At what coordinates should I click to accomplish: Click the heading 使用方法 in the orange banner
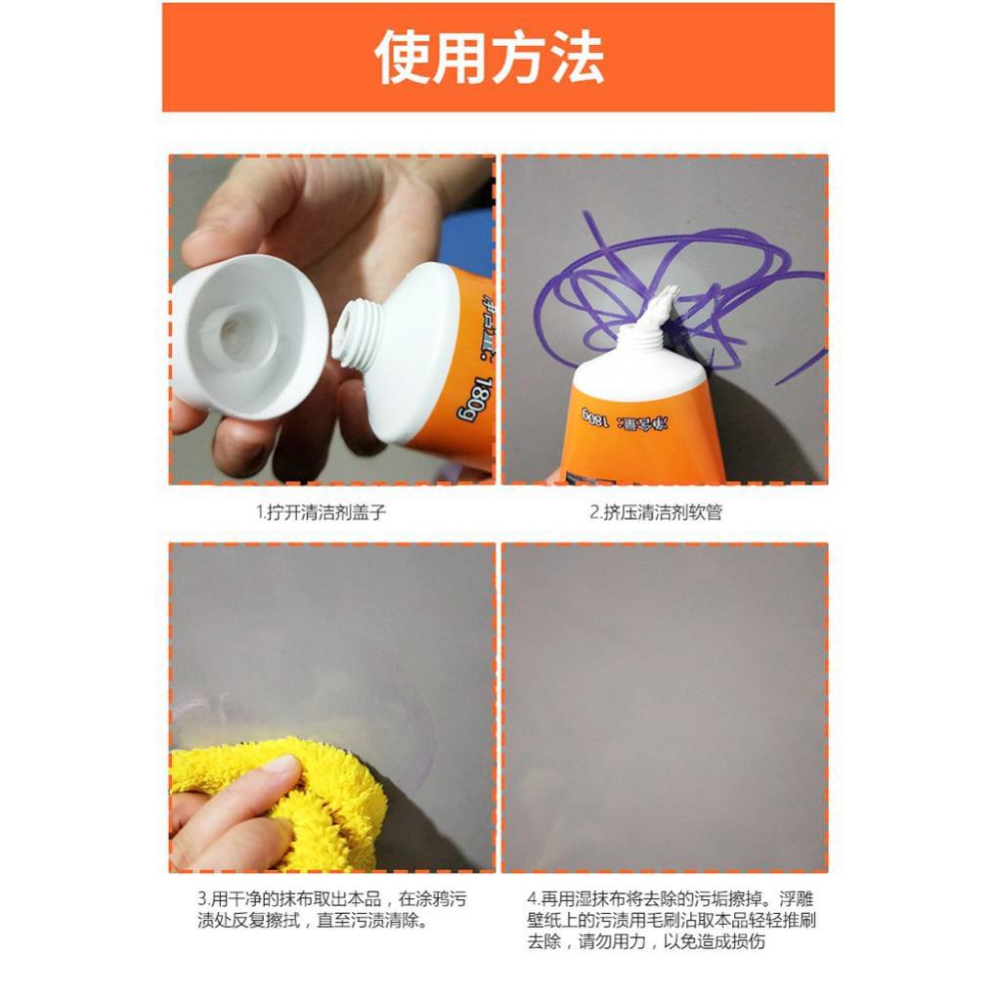(490, 58)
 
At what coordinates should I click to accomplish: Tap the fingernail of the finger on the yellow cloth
(283, 764)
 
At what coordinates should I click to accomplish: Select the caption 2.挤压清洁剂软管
(656, 512)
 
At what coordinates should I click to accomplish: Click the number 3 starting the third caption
(201, 898)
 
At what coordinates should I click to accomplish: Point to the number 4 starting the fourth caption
(532, 898)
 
